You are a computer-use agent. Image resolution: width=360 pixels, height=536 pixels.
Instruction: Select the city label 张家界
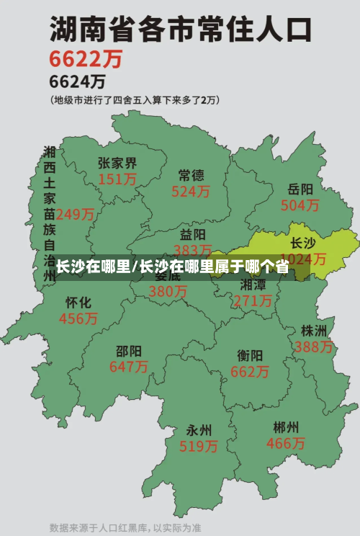point(117,164)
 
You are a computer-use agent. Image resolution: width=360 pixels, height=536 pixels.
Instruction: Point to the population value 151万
point(117,179)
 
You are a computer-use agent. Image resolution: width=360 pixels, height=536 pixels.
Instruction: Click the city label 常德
point(191,175)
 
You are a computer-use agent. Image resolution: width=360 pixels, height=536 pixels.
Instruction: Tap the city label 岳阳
point(300,189)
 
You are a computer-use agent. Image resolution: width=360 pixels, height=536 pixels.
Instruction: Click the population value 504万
point(300,205)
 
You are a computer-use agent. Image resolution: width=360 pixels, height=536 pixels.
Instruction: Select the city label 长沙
point(302,244)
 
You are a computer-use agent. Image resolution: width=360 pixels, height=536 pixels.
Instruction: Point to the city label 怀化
point(78,302)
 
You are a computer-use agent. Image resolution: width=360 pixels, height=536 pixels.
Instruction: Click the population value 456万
point(78,318)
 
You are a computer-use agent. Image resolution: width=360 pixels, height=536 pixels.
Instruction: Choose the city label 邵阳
point(128,351)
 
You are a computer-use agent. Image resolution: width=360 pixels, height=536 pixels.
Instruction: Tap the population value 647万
point(128,367)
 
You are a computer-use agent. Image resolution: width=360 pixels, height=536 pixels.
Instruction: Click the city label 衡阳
point(250,355)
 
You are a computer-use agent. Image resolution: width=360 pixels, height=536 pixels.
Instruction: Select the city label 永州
point(199,430)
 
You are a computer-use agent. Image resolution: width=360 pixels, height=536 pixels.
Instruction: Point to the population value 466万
point(286,443)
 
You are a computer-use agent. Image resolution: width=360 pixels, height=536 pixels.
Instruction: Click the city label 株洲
point(314,331)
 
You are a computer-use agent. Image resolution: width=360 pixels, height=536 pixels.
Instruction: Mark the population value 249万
point(75,214)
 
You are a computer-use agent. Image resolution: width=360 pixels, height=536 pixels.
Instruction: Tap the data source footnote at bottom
point(125,527)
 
